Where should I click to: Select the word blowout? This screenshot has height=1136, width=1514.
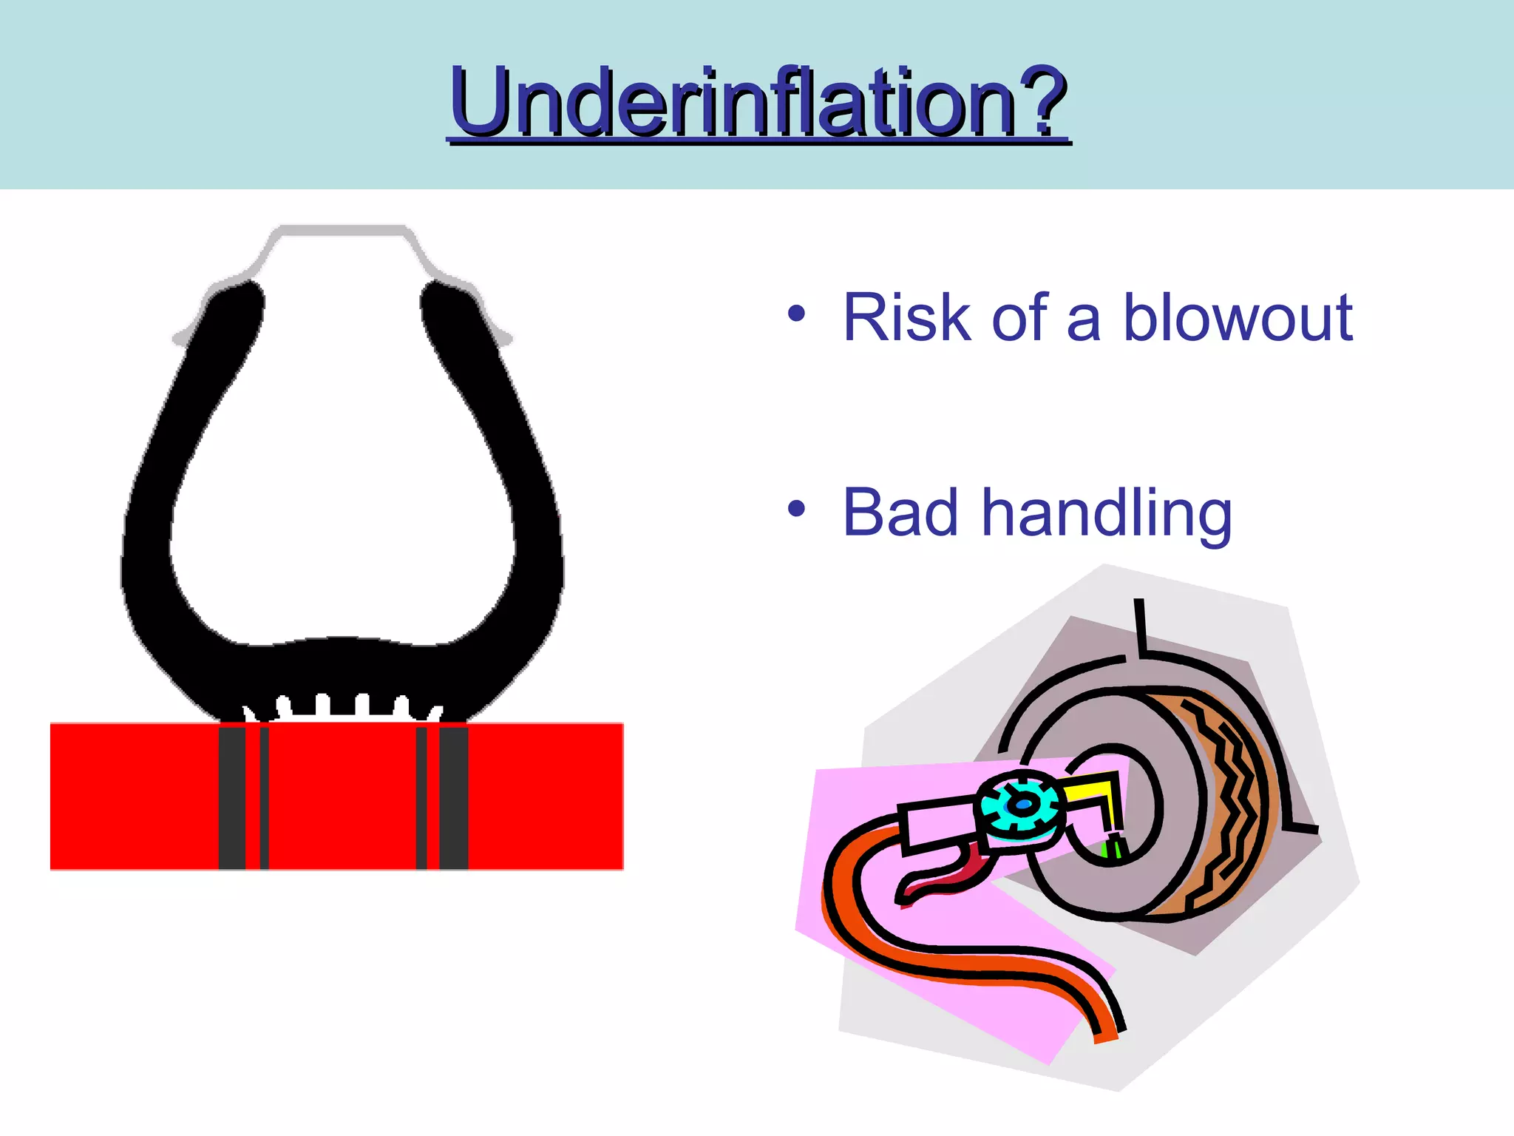coord(1238,317)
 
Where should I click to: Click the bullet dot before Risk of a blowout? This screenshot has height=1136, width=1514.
coord(796,314)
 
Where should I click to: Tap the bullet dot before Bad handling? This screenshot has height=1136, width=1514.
coord(796,509)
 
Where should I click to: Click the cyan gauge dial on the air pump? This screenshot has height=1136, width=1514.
coord(1020,807)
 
